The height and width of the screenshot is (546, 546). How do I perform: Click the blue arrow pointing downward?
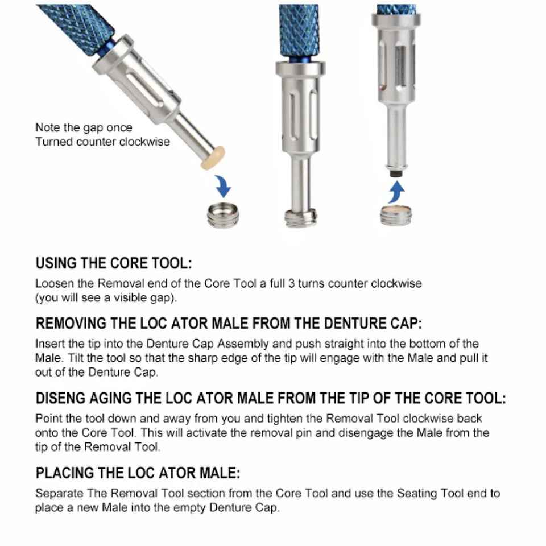coord(224,186)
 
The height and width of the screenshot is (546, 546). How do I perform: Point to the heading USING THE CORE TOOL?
coord(114,264)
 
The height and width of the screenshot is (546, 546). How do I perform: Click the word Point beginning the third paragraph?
coord(48,419)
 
